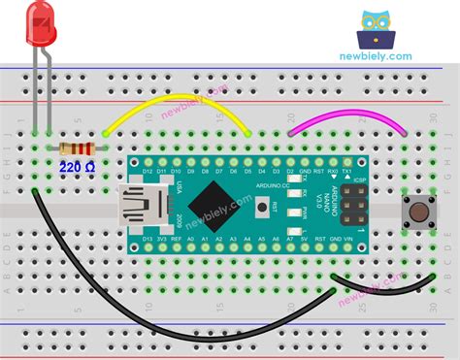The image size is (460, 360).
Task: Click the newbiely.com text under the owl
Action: (x=376, y=56)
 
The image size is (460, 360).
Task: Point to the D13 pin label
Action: (x=148, y=237)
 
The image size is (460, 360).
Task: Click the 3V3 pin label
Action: (x=162, y=237)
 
